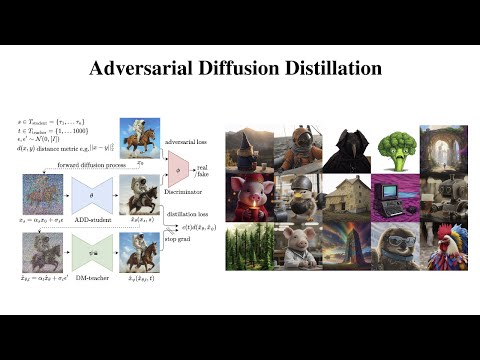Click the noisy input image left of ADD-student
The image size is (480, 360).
pyautogui.click(x=39, y=190)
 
